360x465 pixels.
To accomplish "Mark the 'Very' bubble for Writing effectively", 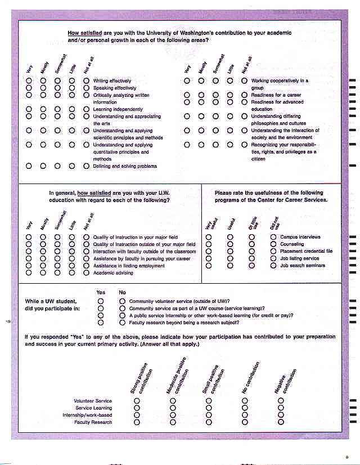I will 29,81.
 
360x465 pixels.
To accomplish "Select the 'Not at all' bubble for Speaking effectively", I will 86,88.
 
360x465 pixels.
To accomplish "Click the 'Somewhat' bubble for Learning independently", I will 57,109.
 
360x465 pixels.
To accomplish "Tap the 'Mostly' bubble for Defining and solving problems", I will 43,166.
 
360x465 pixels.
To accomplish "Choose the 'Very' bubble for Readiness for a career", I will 187,95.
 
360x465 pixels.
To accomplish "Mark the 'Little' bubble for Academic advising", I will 71,272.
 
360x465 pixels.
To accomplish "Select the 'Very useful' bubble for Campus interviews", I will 209,237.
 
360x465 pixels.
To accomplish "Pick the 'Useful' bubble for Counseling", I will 230,244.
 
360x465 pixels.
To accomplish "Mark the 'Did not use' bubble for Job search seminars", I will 273,266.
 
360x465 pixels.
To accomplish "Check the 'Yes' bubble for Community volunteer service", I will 101,301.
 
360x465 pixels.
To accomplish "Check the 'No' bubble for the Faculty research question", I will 122,323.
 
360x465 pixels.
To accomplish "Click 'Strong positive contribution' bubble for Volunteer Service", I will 137,401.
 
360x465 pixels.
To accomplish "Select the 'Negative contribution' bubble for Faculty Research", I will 281,422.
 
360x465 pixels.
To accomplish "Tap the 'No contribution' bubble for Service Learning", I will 245,408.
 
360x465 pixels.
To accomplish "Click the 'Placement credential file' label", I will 306,251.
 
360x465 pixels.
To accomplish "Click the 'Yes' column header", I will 101,292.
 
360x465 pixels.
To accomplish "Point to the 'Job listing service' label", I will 299,258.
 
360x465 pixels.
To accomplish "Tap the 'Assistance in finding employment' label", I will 129,266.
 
